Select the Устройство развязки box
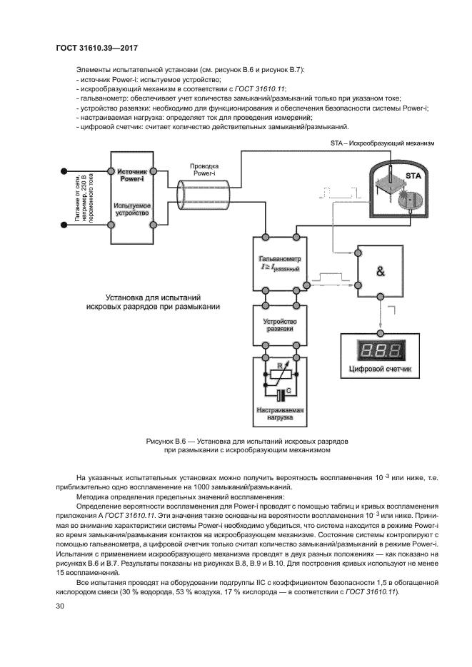click(x=279, y=326)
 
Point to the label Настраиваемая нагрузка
click(x=280, y=415)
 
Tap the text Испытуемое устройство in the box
click(x=131, y=209)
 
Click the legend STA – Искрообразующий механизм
click(x=382, y=143)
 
